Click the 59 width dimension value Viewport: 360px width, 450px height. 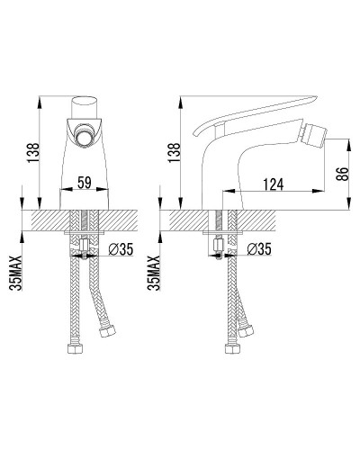85,183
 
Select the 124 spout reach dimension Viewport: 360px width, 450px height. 274,184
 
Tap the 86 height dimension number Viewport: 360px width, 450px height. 344,174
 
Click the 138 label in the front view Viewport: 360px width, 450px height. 33,153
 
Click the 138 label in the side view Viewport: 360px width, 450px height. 175,153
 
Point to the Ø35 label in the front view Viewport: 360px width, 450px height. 121,249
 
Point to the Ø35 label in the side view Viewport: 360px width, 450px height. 259,249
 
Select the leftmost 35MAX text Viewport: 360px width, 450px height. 16,273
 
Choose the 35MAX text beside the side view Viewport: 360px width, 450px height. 154,273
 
